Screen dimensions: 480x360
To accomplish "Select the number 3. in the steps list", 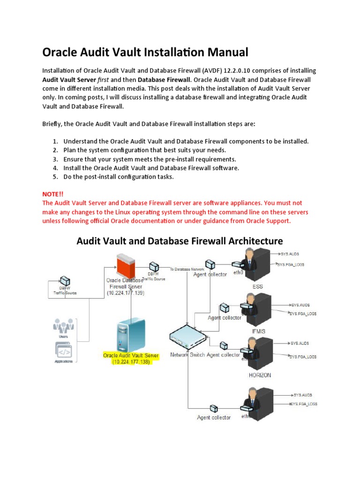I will [x=55, y=159].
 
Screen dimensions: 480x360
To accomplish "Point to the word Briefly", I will [x=54, y=124].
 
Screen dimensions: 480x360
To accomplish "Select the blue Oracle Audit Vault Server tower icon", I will [x=131, y=334].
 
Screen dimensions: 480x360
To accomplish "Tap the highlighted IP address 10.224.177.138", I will [x=131, y=362].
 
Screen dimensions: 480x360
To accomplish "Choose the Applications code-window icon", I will [x=63, y=350].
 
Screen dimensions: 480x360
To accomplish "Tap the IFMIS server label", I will [x=258, y=331].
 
